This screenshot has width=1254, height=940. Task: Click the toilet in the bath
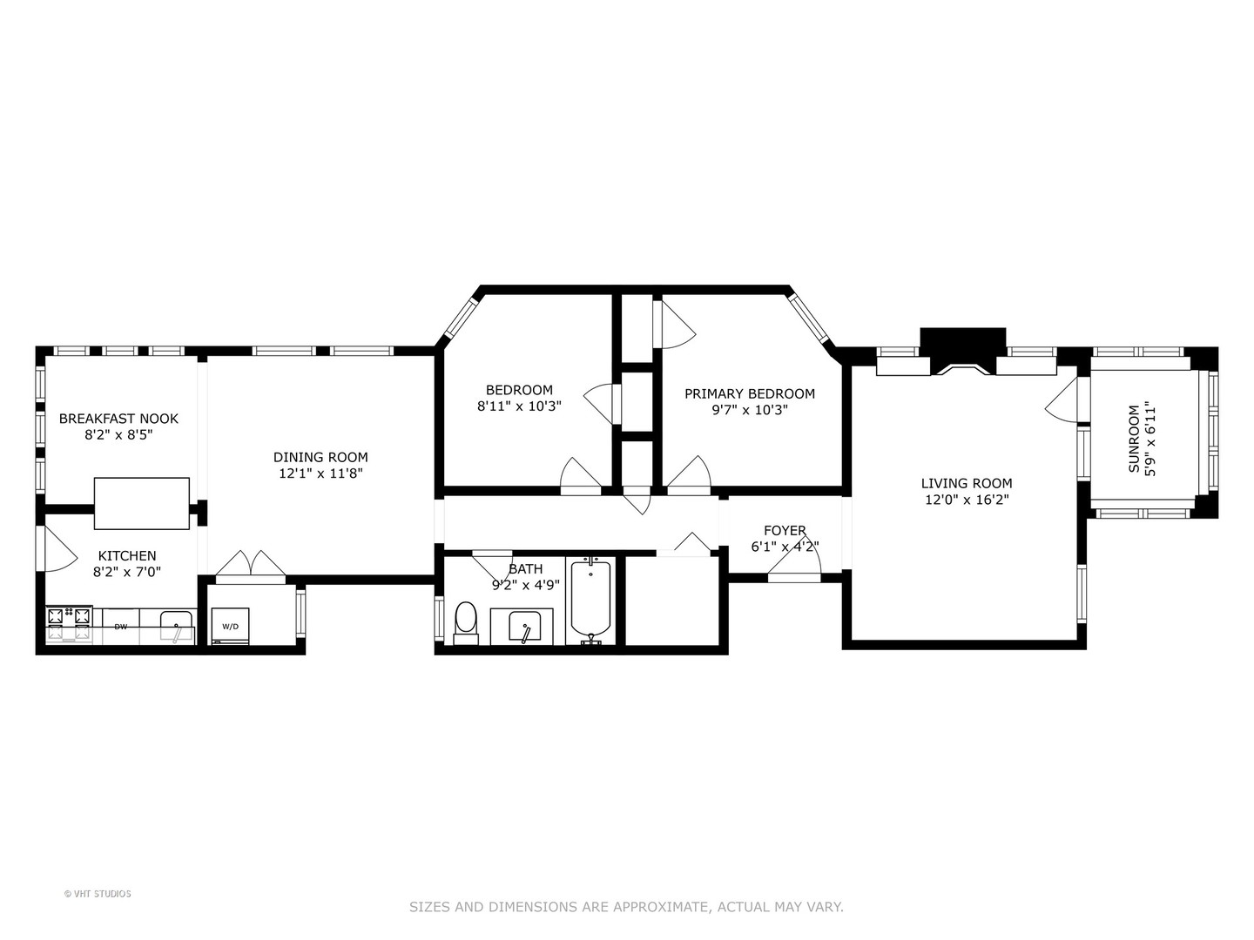tap(466, 621)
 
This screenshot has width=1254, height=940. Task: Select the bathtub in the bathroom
tap(591, 601)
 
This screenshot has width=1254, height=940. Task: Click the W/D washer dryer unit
tap(230, 627)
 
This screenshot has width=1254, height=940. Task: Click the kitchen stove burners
tap(69, 624)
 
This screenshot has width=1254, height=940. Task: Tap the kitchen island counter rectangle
tap(141, 503)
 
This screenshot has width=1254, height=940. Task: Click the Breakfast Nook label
tap(118, 419)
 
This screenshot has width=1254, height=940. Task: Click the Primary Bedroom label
tap(749, 393)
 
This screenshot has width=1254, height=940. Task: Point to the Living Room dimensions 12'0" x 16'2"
tap(967, 500)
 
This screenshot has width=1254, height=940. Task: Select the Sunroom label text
tap(1134, 439)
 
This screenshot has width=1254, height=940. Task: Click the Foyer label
tap(785, 530)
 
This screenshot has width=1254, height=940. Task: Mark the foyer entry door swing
tap(794, 565)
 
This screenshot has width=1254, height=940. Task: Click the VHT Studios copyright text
tap(98, 894)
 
